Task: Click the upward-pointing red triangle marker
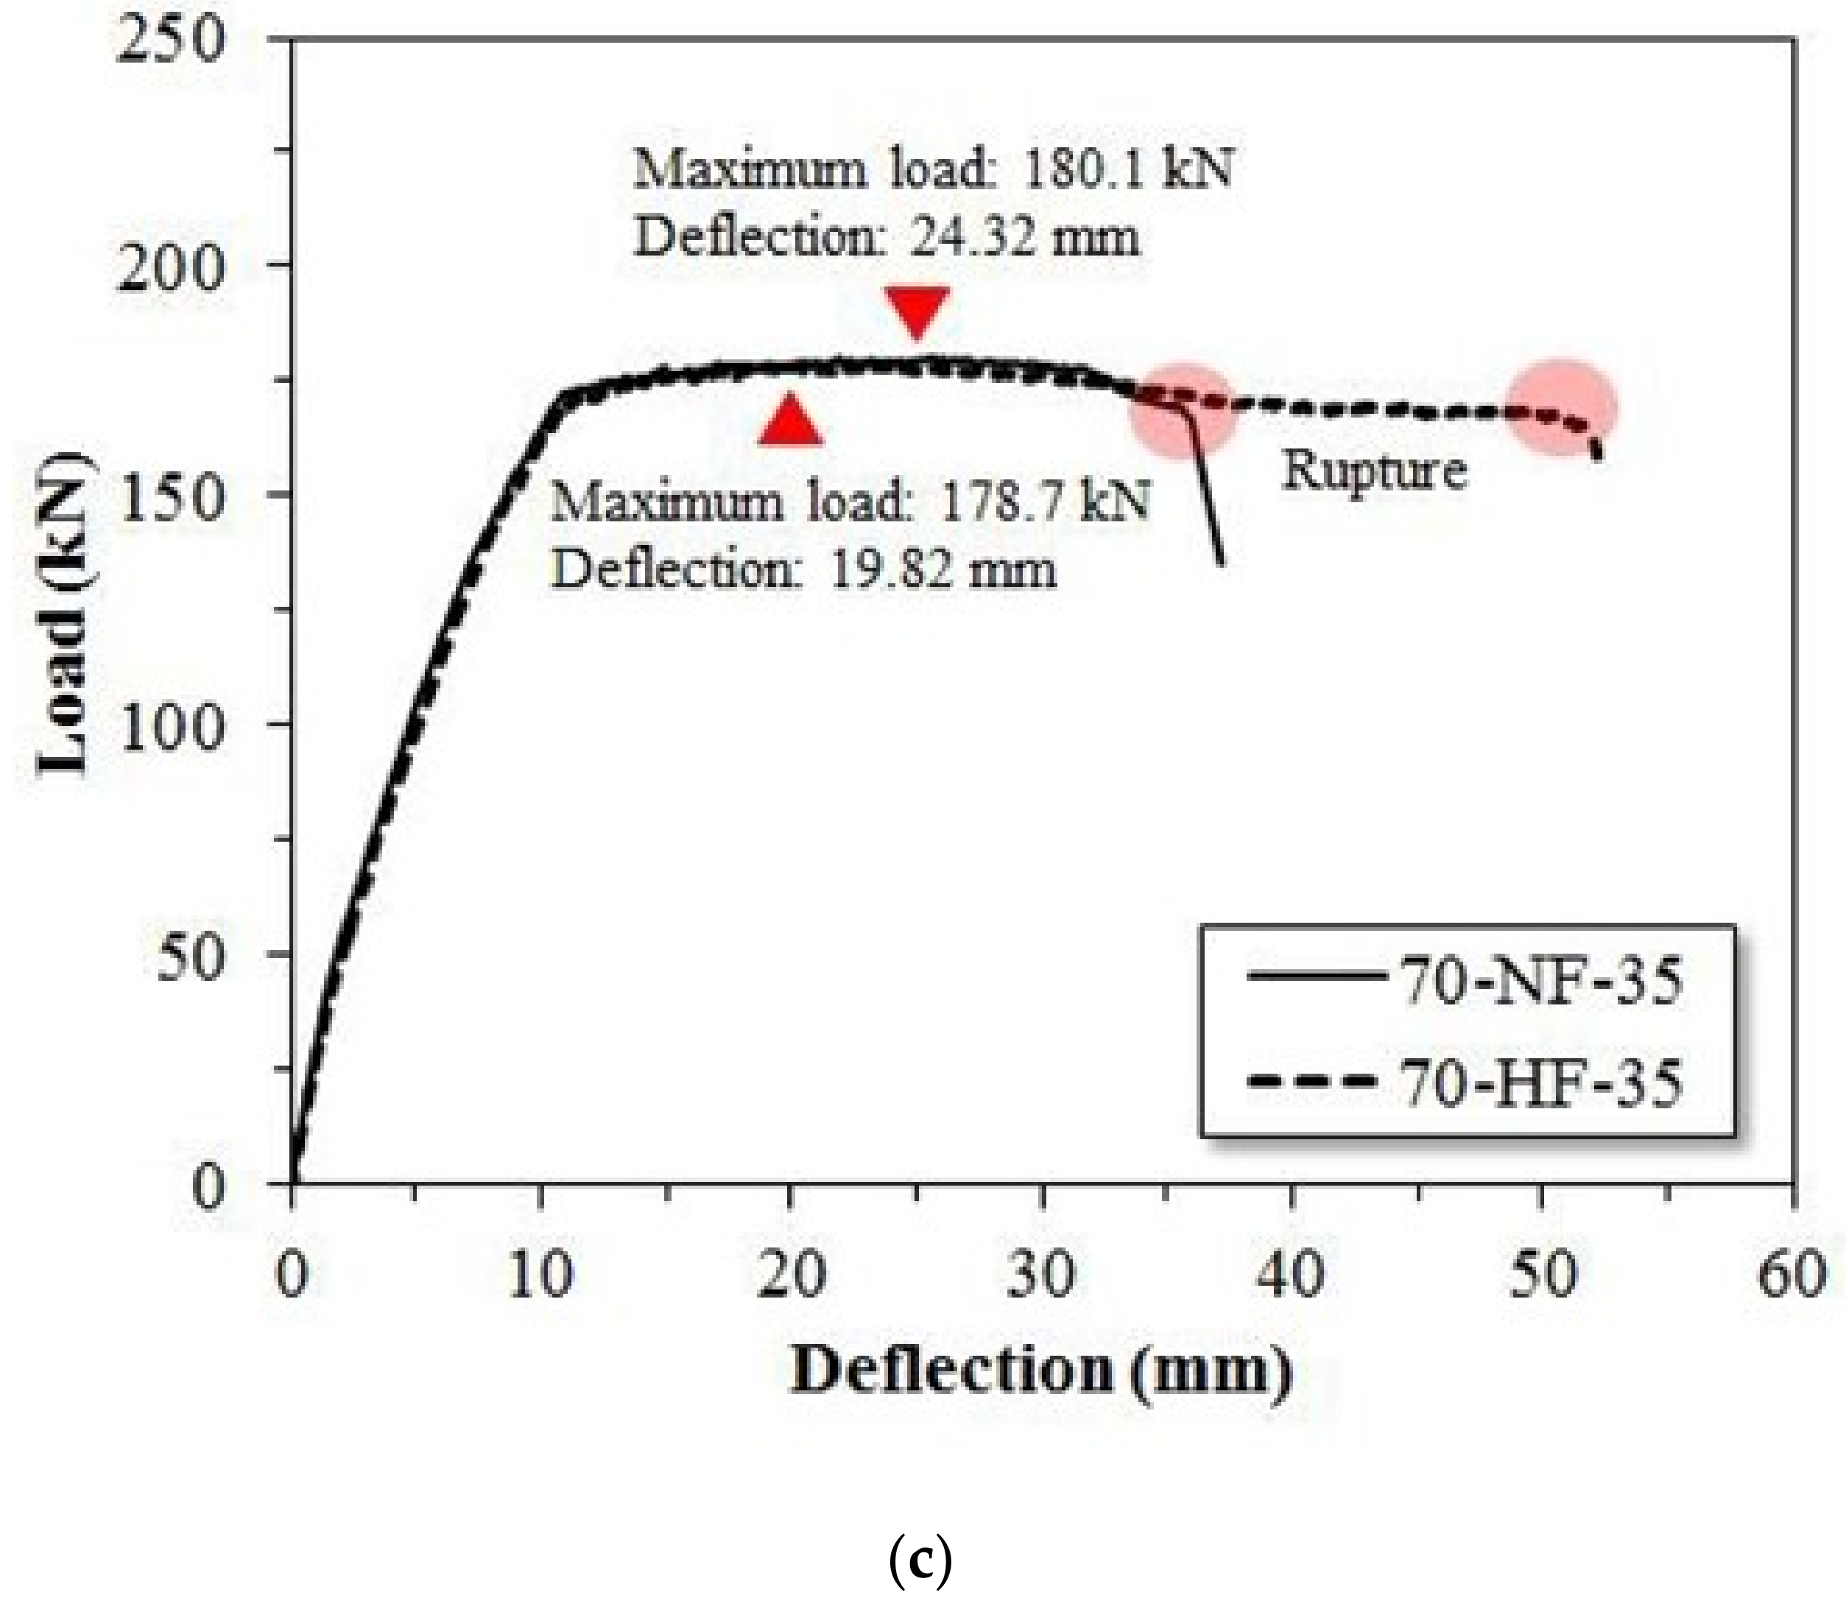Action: [790, 421]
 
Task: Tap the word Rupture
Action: [1373, 470]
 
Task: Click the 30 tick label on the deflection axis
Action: [1042, 1276]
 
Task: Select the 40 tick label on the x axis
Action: [1292, 1276]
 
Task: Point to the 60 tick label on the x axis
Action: [1790, 1276]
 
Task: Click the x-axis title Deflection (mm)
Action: [1040, 1370]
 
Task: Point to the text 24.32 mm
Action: [1026, 237]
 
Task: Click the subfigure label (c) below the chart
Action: [921, 1563]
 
